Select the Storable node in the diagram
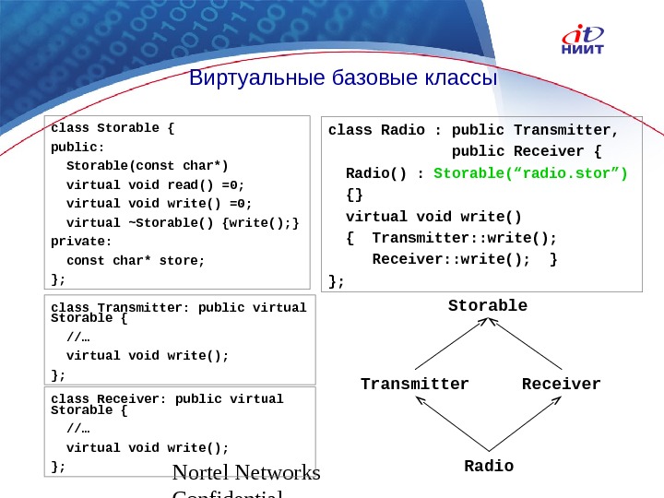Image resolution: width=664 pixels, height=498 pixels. [488, 305]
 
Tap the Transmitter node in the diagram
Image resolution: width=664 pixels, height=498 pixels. [415, 384]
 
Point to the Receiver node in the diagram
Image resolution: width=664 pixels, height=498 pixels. [561, 384]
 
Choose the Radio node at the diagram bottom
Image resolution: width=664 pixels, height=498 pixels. [489, 466]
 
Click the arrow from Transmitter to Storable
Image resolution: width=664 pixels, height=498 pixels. [447, 343]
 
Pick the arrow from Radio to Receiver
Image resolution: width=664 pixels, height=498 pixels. [527, 423]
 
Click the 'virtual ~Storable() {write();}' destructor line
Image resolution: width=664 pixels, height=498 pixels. [184, 222]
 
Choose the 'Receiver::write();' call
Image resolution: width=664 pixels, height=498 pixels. [451, 258]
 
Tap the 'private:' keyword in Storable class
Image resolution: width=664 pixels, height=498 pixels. [81, 241]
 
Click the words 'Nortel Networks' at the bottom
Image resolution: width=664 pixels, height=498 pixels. [247, 473]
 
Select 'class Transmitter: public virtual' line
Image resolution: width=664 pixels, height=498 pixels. [178, 308]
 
